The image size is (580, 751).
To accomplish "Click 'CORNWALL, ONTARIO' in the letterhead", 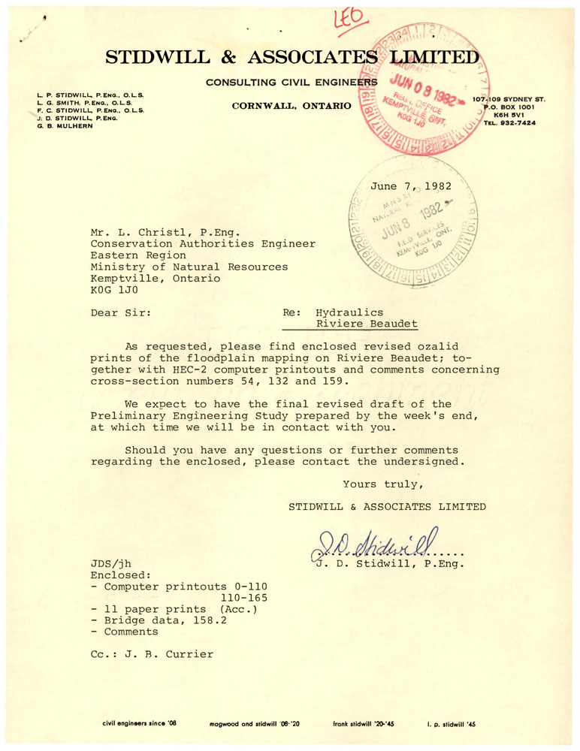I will (x=292, y=106).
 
